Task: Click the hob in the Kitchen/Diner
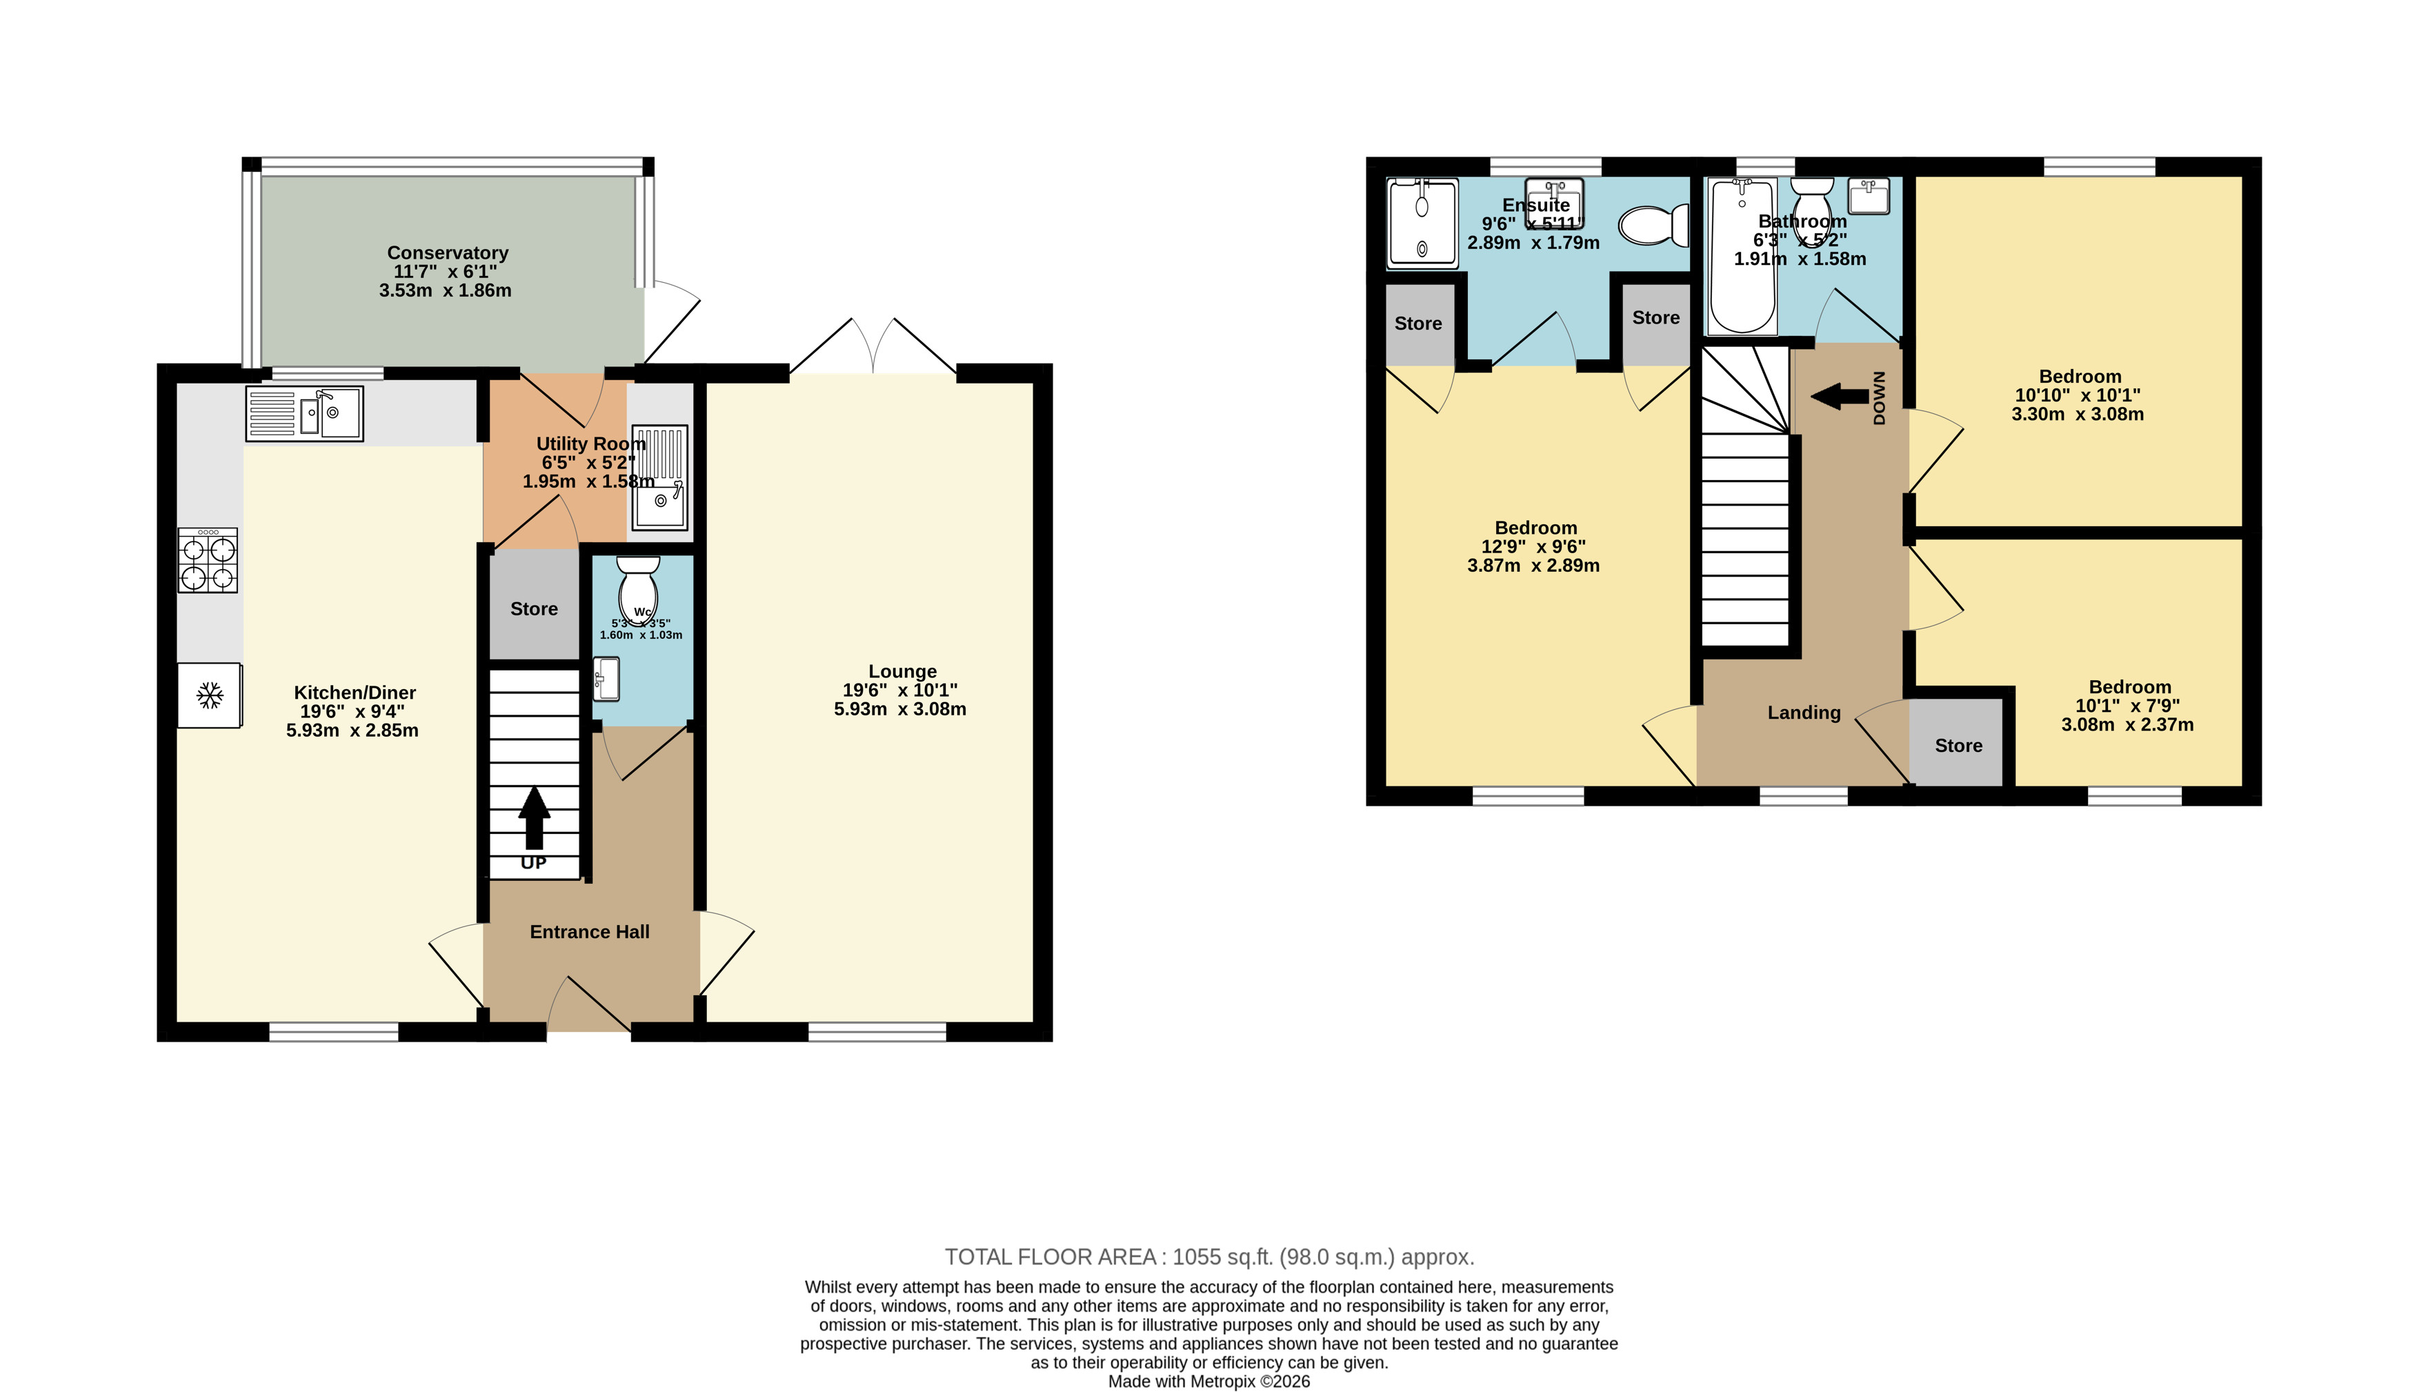point(208,560)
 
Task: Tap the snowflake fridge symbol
point(209,695)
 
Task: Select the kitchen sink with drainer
point(305,414)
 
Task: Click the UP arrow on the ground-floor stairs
point(535,817)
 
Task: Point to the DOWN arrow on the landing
point(1840,396)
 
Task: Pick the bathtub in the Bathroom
point(1742,256)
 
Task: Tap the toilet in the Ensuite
point(1653,226)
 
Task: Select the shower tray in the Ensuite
point(1422,223)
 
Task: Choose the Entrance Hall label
point(590,932)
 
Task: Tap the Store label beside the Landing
point(1958,746)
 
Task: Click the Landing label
point(1804,713)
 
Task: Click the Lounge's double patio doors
point(873,346)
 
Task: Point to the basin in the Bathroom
point(1869,196)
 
